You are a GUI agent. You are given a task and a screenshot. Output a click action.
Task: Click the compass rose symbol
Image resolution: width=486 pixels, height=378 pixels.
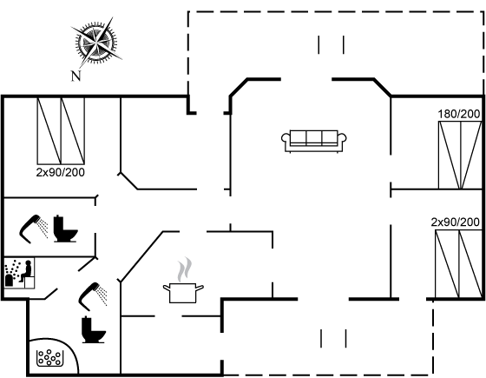(96, 42)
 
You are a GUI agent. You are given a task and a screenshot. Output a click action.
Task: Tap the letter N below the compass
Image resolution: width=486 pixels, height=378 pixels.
(76, 76)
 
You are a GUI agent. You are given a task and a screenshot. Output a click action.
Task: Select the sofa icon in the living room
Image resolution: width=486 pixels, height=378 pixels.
(313, 141)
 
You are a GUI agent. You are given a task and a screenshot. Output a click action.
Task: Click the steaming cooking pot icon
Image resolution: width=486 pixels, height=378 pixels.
(183, 281)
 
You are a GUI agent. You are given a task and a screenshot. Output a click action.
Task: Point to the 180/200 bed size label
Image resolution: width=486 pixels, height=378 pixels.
(459, 114)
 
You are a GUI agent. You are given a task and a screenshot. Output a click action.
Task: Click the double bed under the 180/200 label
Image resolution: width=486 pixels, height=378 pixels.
(460, 156)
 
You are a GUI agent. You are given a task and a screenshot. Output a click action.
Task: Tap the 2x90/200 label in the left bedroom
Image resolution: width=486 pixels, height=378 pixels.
(61, 172)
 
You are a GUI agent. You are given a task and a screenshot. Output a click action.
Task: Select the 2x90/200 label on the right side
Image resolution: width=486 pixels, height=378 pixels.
(456, 222)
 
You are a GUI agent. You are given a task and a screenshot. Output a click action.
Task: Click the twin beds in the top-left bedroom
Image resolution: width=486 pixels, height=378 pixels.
(61, 130)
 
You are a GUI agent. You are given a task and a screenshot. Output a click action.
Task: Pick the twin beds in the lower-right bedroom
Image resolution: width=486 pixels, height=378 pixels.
(459, 264)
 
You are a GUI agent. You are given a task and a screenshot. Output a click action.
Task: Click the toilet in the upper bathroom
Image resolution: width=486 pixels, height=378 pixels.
(65, 229)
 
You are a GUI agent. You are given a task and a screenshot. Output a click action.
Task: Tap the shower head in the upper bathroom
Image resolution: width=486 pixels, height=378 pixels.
(34, 229)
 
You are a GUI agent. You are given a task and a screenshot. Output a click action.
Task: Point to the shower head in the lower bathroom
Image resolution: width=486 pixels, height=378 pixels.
(93, 296)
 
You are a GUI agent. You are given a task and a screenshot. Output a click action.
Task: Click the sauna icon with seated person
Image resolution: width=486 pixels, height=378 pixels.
(18, 273)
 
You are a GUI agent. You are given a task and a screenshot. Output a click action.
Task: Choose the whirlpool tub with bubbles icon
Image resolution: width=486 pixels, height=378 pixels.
(49, 358)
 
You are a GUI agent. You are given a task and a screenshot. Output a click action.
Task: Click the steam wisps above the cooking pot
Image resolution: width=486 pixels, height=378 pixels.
(184, 269)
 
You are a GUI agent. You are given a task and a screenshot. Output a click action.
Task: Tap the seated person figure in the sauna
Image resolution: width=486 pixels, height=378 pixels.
(26, 271)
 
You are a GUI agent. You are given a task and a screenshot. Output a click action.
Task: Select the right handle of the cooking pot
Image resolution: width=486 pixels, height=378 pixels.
(200, 288)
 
